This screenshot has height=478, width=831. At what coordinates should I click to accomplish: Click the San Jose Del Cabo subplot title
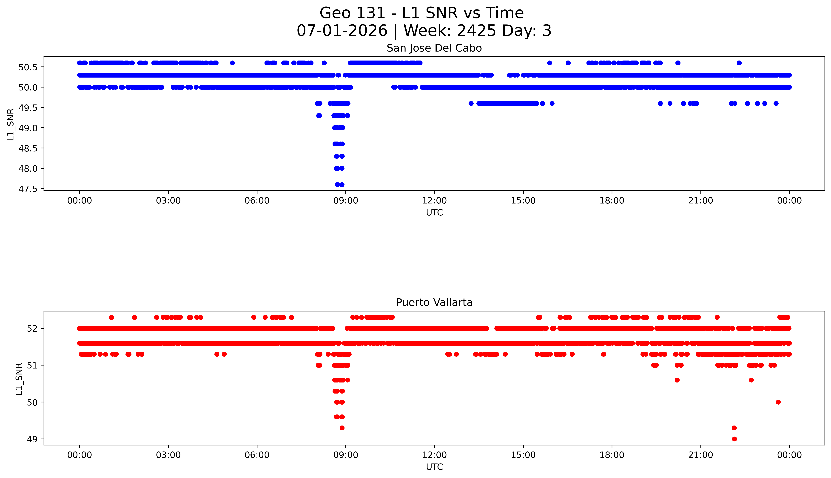434,48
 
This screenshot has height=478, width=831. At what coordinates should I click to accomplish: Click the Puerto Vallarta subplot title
434,302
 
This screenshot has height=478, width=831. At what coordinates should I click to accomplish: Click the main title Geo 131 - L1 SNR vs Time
422,13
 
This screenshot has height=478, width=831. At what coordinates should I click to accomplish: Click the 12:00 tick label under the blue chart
435,201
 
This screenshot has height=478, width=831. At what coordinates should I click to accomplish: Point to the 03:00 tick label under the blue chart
168,201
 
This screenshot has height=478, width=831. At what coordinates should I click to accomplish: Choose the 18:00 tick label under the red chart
612,455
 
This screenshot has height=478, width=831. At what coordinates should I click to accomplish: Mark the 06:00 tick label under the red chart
257,455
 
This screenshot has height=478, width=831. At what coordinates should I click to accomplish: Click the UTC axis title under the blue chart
434,213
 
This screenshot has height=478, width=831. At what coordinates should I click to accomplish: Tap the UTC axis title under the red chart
434,467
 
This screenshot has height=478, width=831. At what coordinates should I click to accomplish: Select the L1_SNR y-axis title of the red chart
19,379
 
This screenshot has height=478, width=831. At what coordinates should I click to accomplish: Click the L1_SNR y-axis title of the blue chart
11,124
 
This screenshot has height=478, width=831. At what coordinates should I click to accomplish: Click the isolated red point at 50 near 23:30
778,402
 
